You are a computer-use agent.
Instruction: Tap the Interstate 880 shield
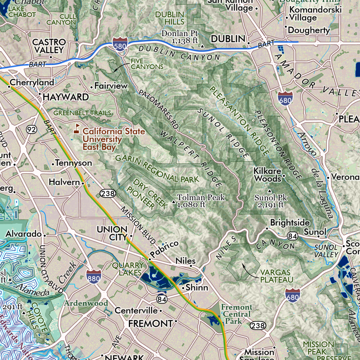click(x=93, y=276)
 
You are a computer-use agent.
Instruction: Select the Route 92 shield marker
click(x=32, y=129)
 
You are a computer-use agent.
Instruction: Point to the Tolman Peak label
click(x=201, y=197)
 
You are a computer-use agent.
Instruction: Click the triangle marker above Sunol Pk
click(x=269, y=191)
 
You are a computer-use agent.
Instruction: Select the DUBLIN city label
click(x=228, y=39)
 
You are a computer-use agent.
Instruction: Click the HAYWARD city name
click(x=66, y=97)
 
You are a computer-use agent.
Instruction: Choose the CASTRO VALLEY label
click(x=48, y=46)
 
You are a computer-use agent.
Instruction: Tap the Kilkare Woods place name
click(x=268, y=175)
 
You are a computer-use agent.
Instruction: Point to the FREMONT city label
click(x=150, y=324)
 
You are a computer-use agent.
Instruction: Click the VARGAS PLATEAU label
click(x=277, y=276)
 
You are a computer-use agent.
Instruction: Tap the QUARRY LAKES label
click(x=128, y=269)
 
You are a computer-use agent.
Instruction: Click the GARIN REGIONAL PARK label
click(x=157, y=169)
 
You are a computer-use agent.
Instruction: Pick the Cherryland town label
click(x=32, y=82)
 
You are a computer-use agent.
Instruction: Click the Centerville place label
click(x=136, y=310)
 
